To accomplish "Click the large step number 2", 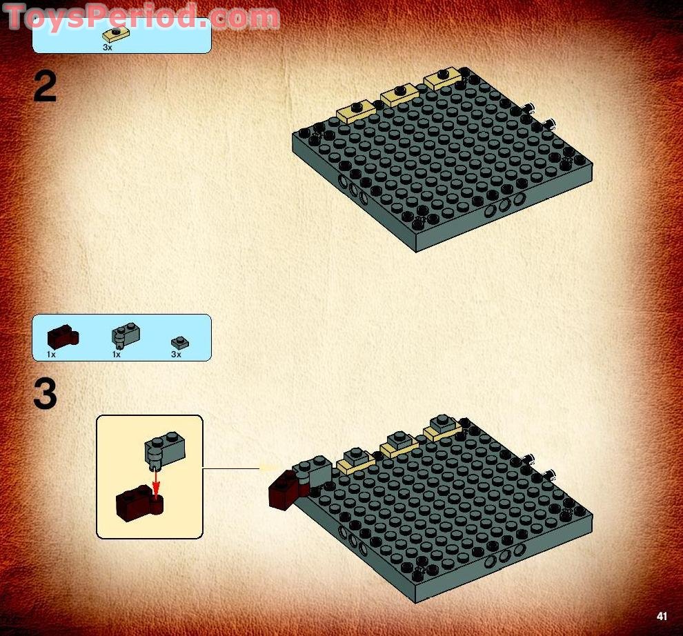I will point(46,88).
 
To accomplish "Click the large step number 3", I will point(46,396).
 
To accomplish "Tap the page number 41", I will point(662,616).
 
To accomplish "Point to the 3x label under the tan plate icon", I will point(107,48).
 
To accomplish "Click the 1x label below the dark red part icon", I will point(51,355).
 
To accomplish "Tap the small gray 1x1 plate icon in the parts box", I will point(180,341).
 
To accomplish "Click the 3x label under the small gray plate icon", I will point(176,355).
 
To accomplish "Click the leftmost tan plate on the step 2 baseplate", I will point(355,112).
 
